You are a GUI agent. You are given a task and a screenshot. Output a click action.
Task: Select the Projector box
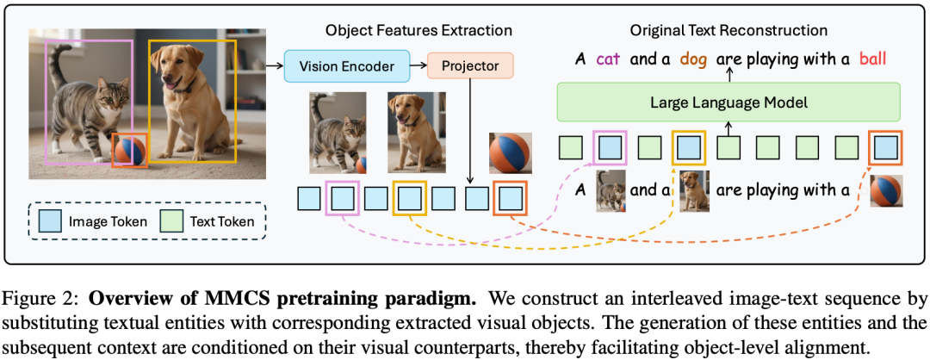coord(470,65)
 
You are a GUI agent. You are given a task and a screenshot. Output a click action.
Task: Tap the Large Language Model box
coord(728,102)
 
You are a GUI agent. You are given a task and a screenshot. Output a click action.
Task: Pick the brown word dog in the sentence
coord(694,59)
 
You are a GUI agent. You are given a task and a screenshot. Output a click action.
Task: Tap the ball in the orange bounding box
coord(130,151)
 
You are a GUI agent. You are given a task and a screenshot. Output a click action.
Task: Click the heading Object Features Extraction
coord(418,30)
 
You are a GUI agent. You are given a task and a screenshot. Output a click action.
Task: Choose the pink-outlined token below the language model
coord(610,147)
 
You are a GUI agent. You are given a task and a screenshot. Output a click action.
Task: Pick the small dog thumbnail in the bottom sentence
coord(695,190)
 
